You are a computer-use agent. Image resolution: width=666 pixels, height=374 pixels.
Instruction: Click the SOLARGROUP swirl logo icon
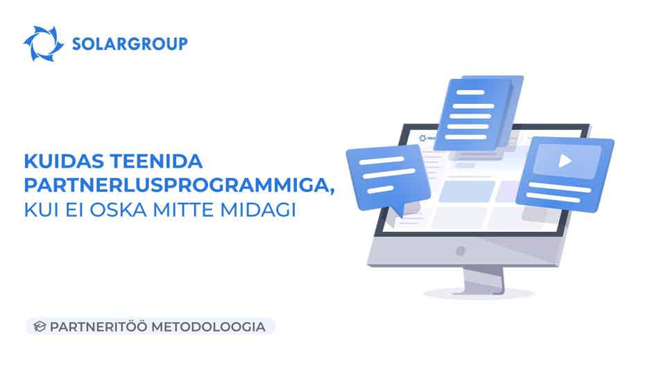pos(44,44)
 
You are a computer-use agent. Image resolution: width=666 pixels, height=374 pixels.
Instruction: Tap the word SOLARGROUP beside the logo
pos(130,44)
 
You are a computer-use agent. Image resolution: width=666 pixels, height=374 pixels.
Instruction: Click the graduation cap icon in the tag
pos(39,326)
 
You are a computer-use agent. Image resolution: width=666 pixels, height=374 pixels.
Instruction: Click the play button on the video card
pos(566,161)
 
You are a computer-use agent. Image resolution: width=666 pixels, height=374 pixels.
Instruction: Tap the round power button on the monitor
pos(459,250)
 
